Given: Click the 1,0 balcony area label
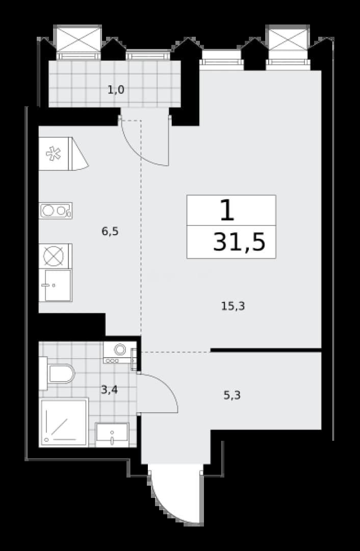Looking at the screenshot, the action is coord(116,90).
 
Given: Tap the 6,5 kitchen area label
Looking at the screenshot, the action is coord(110,232).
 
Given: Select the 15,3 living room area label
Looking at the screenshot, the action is coord(233,307).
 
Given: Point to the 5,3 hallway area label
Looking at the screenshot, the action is coord(232,396).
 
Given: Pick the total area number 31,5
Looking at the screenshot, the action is coord(239,242).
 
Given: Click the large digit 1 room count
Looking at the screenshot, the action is coord(227,210).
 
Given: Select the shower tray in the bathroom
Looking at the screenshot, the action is coord(64,422).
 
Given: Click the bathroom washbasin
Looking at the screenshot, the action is coord(112,435).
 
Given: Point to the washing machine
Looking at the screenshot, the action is coord(120,352).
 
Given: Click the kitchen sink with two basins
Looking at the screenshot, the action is coord(56,211).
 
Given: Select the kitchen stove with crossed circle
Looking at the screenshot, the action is coord(56,256).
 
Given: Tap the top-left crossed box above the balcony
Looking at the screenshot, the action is coord(79,39).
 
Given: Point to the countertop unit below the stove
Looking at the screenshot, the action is coord(56,285).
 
